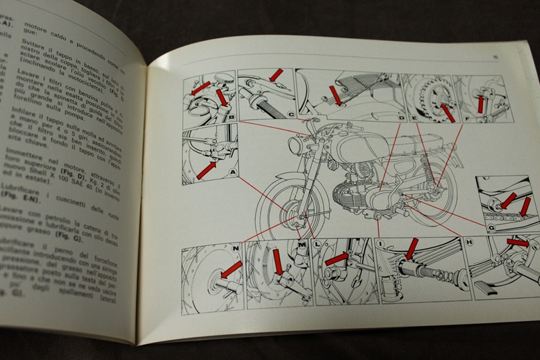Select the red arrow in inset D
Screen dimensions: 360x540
pyautogui.click(x=335, y=95)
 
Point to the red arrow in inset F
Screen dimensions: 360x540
pyautogui.click(x=480, y=104)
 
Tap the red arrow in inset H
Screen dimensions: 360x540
pyautogui.click(x=518, y=242)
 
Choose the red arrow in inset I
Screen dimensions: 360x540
pyautogui.click(x=411, y=248)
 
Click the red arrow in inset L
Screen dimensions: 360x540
pyautogui.click(x=336, y=259)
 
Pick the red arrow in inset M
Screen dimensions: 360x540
pyautogui.click(x=278, y=262)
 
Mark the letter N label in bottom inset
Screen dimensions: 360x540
pyautogui.click(x=236, y=248)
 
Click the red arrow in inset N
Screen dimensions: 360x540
pyautogui.click(x=231, y=268)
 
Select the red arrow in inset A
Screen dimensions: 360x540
pyautogui.click(x=206, y=170)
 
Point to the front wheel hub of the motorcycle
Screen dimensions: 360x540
pyautogui.click(x=300, y=221)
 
